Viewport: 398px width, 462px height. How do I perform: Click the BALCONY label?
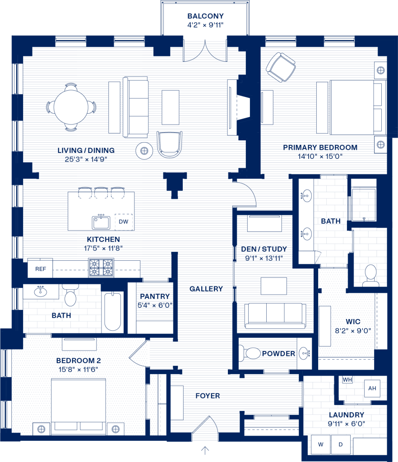205,16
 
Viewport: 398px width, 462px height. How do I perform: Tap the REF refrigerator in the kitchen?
40,268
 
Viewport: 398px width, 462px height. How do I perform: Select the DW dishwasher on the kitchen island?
124,222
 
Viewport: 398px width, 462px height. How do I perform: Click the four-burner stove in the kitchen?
101,268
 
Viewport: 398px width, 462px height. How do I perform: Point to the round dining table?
71,107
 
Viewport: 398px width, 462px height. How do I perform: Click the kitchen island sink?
101,222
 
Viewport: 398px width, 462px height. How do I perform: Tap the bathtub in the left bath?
112,311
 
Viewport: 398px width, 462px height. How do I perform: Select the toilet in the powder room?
250,353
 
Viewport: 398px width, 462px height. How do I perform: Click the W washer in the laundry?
320,444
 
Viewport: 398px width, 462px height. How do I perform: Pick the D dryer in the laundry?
341,444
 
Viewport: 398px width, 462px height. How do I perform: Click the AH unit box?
372,388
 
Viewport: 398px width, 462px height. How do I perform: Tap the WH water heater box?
347,379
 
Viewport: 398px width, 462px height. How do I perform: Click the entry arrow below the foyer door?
205,450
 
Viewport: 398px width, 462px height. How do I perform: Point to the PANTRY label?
155,296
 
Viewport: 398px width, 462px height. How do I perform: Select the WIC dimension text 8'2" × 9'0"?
353,331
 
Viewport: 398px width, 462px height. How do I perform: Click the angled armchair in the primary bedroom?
281,67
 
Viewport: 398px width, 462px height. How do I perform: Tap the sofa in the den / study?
275,316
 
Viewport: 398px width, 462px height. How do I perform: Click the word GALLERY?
206,289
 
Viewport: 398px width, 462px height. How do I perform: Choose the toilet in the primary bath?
370,276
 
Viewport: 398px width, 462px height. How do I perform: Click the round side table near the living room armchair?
144,151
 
